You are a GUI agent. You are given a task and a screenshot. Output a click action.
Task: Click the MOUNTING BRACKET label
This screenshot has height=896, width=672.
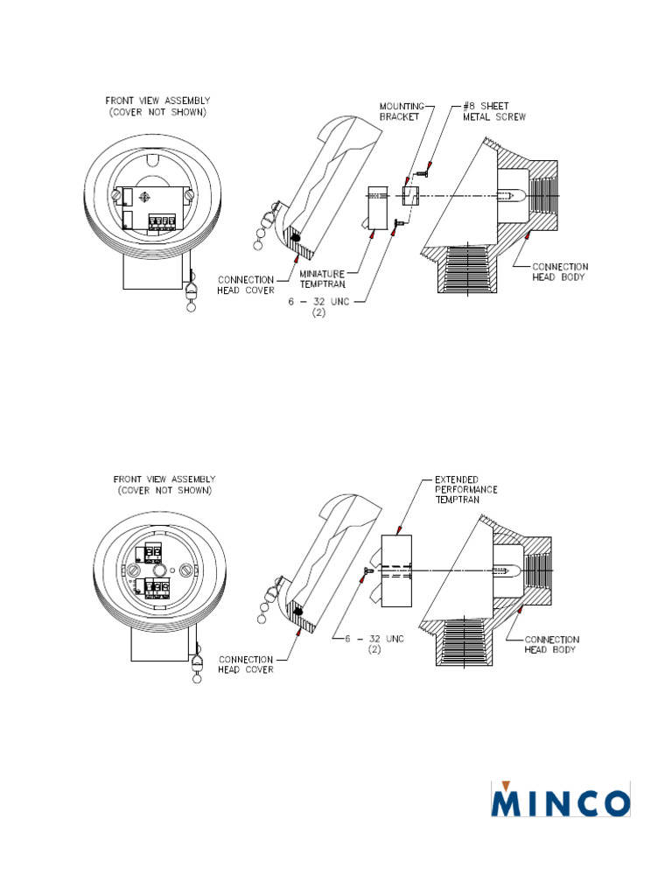coord(400,110)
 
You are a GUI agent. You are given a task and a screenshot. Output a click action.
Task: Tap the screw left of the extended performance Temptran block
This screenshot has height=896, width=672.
coord(369,570)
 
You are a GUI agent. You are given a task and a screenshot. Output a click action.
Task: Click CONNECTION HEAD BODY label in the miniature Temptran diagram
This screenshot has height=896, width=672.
coord(561,271)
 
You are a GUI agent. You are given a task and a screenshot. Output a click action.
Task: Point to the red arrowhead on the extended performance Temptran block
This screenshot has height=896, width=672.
coord(400,530)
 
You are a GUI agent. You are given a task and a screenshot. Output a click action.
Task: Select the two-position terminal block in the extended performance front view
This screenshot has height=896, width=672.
coord(153,550)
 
